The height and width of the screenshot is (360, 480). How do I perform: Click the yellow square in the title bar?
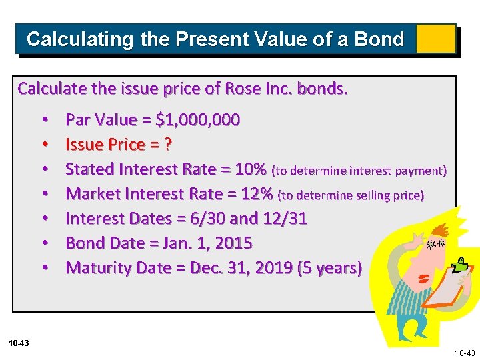click(435, 39)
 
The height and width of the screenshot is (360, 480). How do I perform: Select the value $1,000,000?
click(197, 120)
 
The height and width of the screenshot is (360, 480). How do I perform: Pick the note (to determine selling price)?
click(351, 195)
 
